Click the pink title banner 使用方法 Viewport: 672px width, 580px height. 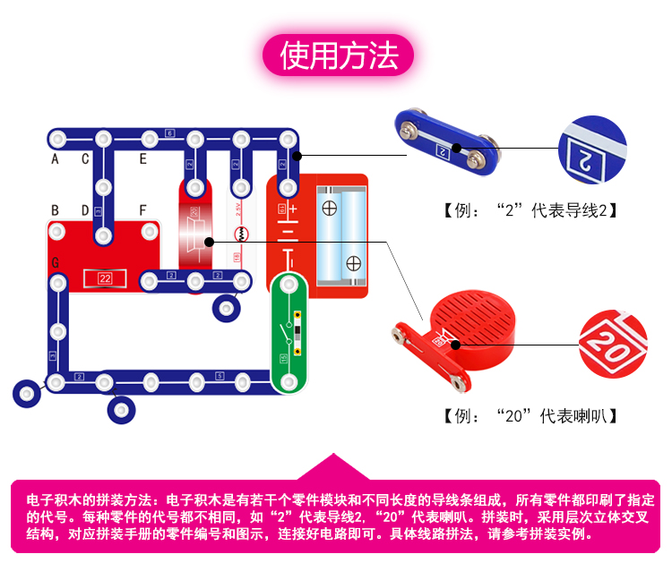338,55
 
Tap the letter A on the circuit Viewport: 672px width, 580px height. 55,159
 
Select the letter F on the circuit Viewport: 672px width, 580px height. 142,210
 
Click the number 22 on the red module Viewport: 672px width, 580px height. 105,278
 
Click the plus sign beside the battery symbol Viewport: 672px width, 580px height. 292,209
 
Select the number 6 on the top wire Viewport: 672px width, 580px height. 170,134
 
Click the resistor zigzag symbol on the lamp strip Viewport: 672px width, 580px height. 239,235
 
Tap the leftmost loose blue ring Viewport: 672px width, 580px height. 26,392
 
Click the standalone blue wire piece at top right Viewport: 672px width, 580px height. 445,143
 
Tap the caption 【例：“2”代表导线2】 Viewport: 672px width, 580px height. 530,212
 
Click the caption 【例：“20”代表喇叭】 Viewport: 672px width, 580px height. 530,416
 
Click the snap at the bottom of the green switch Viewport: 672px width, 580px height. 289,381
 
